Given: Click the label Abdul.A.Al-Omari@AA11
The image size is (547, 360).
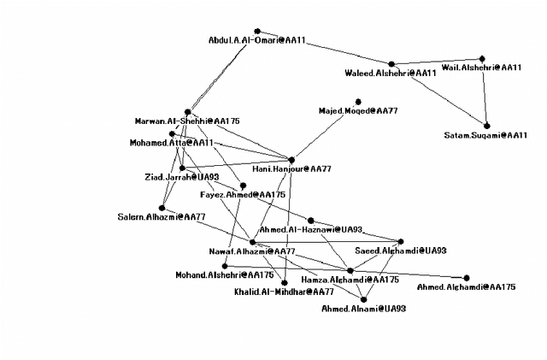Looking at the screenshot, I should [257, 40].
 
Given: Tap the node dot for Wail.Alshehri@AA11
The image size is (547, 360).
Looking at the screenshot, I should [482, 57].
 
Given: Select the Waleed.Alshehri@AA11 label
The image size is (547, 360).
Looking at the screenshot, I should [391, 74].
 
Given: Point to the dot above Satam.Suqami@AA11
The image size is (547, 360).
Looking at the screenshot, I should [487, 126].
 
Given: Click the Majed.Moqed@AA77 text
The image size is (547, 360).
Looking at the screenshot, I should [358, 111].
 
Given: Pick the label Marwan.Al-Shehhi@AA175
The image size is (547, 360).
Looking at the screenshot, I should [187, 121].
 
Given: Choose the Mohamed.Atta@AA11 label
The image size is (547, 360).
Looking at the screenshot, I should [172, 143].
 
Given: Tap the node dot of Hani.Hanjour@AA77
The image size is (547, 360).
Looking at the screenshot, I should [291, 159].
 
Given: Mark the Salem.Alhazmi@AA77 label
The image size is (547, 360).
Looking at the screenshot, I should [162, 216].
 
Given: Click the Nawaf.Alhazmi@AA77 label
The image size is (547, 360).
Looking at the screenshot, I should [252, 251].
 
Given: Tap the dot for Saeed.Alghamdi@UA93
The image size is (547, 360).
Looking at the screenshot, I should [400, 241].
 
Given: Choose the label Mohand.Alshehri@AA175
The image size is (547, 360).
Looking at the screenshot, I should [225, 275].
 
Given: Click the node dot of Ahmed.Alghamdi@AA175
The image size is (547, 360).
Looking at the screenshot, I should [467, 277].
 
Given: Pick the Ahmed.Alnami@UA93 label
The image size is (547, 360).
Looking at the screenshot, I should [363, 308].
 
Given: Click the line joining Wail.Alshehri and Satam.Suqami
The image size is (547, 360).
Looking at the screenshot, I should [485, 91].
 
